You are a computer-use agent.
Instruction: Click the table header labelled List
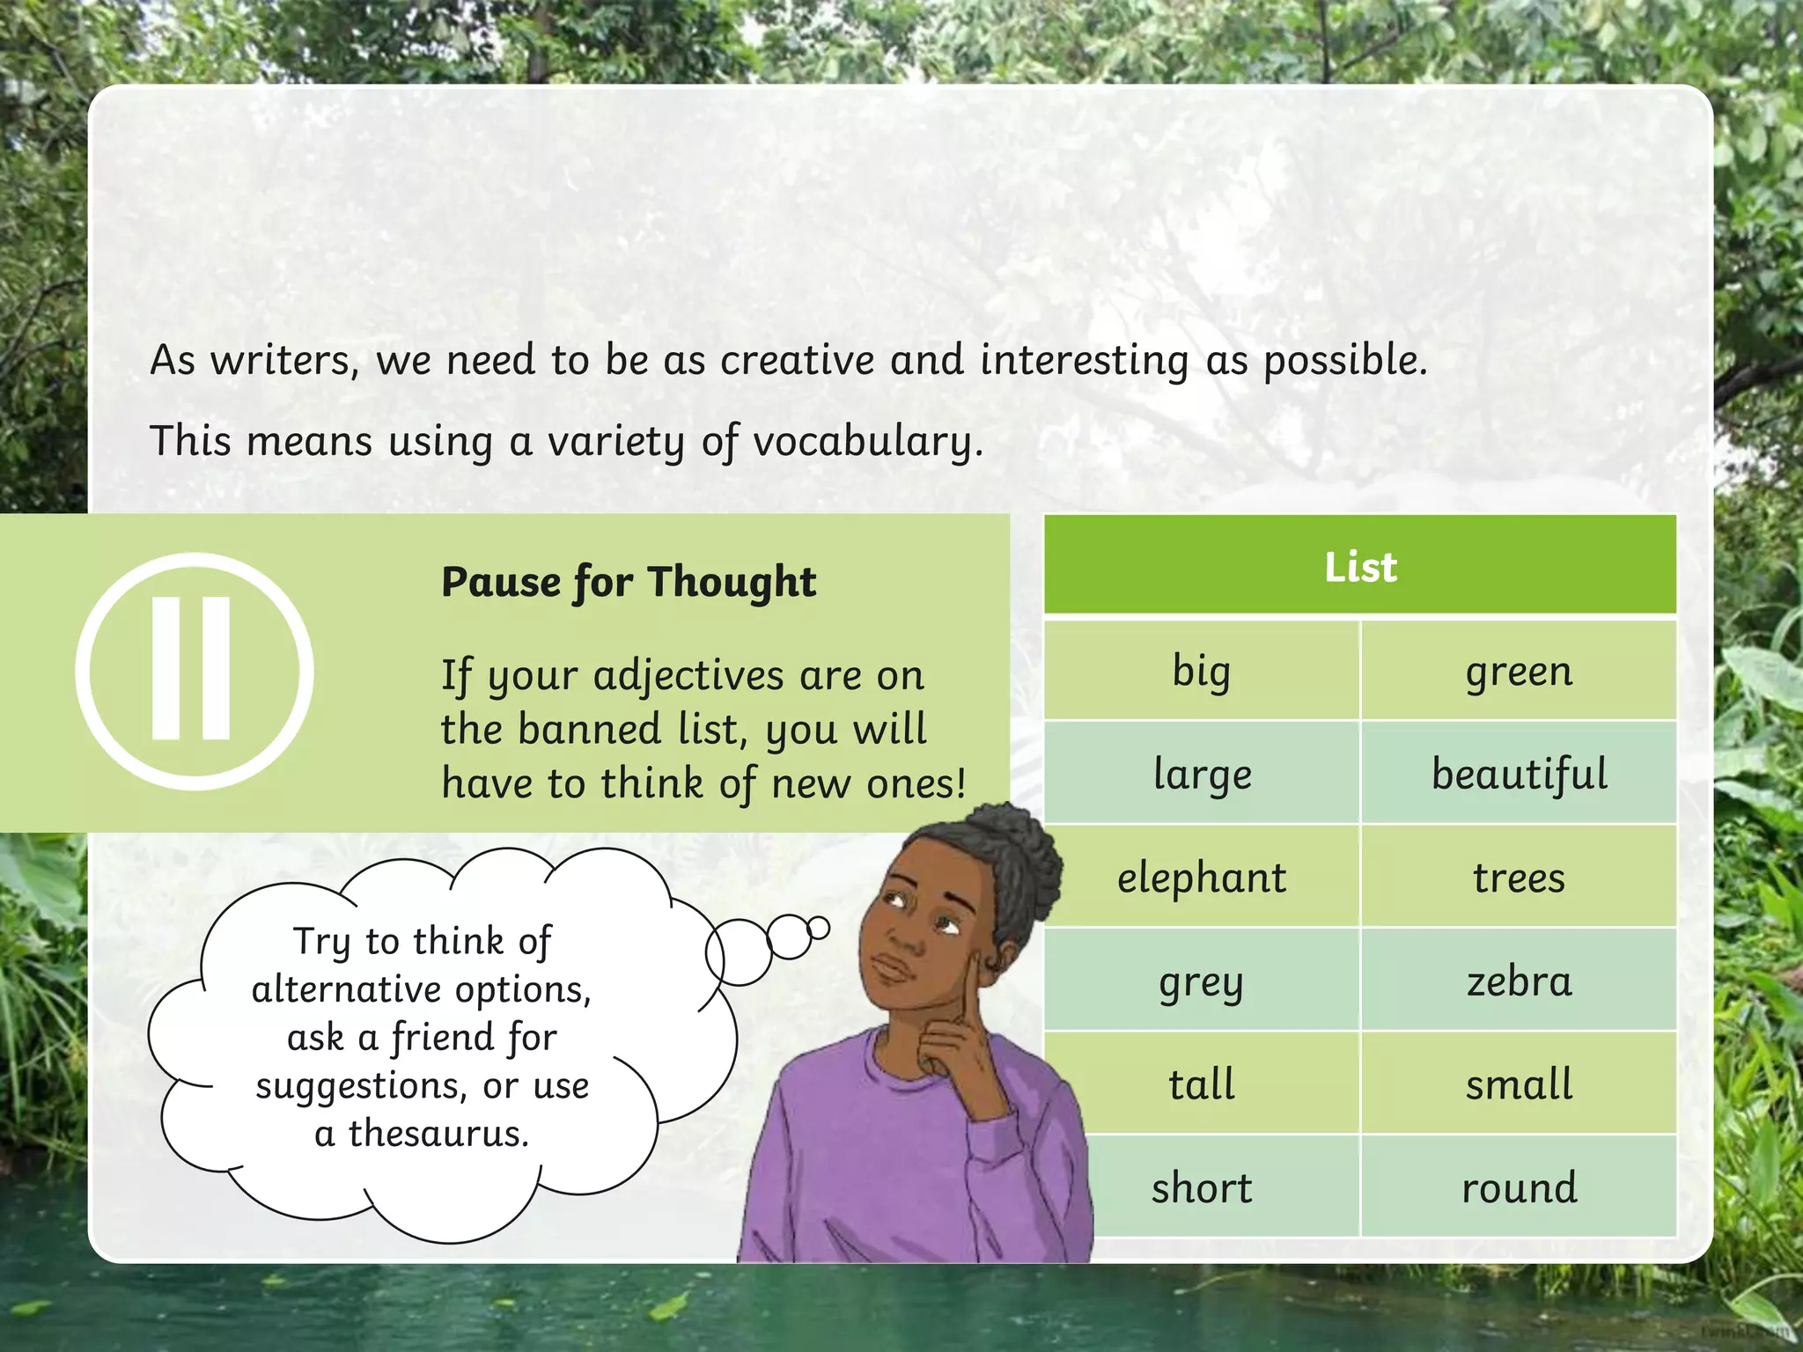[x=1360, y=566]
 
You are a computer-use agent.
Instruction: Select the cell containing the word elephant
[x=1202, y=878]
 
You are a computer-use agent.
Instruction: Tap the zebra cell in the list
[x=1519, y=981]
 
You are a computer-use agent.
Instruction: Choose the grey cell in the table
[x=1202, y=981]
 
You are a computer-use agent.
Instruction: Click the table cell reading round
[x=1519, y=1187]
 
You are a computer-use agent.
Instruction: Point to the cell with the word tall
[x=1202, y=1084]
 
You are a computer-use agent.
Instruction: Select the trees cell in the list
[x=1519, y=878]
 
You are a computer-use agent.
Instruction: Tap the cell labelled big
[x=1202, y=671]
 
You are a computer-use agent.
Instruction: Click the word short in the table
[x=1202, y=1187]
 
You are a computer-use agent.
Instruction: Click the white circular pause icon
[x=195, y=671]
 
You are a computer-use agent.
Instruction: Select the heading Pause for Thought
[x=629, y=582]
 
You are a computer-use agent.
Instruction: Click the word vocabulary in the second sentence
[x=867, y=441]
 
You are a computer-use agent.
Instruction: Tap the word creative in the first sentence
[x=798, y=360]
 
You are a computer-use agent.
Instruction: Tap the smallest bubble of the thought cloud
[x=818, y=928]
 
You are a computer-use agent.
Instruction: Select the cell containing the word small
[x=1519, y=1084]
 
